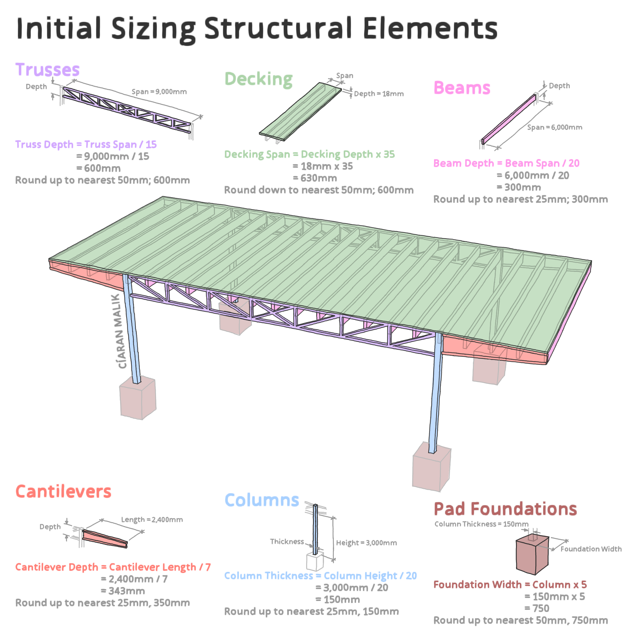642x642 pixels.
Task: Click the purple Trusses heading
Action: (48, 70)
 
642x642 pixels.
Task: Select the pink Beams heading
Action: (462, 88)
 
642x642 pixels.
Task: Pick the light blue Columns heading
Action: (262, 500)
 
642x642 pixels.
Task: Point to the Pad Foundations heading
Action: (505, 509)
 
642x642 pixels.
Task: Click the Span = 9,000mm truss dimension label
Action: (159, 92)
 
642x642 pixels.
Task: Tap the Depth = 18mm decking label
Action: (379, 94)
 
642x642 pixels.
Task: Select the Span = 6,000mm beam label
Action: (555, 128)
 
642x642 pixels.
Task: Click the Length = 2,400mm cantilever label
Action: (152, 520)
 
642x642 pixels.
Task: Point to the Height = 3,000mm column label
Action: (366, 543)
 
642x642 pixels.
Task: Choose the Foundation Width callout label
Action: (591, 549)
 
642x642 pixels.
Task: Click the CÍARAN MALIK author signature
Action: (119, 331)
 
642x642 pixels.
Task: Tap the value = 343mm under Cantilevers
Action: (123, 591)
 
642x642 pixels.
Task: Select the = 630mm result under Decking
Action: (315, 178)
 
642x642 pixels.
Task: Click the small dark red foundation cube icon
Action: (532, 556)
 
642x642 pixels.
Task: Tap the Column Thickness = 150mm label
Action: (481, 524)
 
